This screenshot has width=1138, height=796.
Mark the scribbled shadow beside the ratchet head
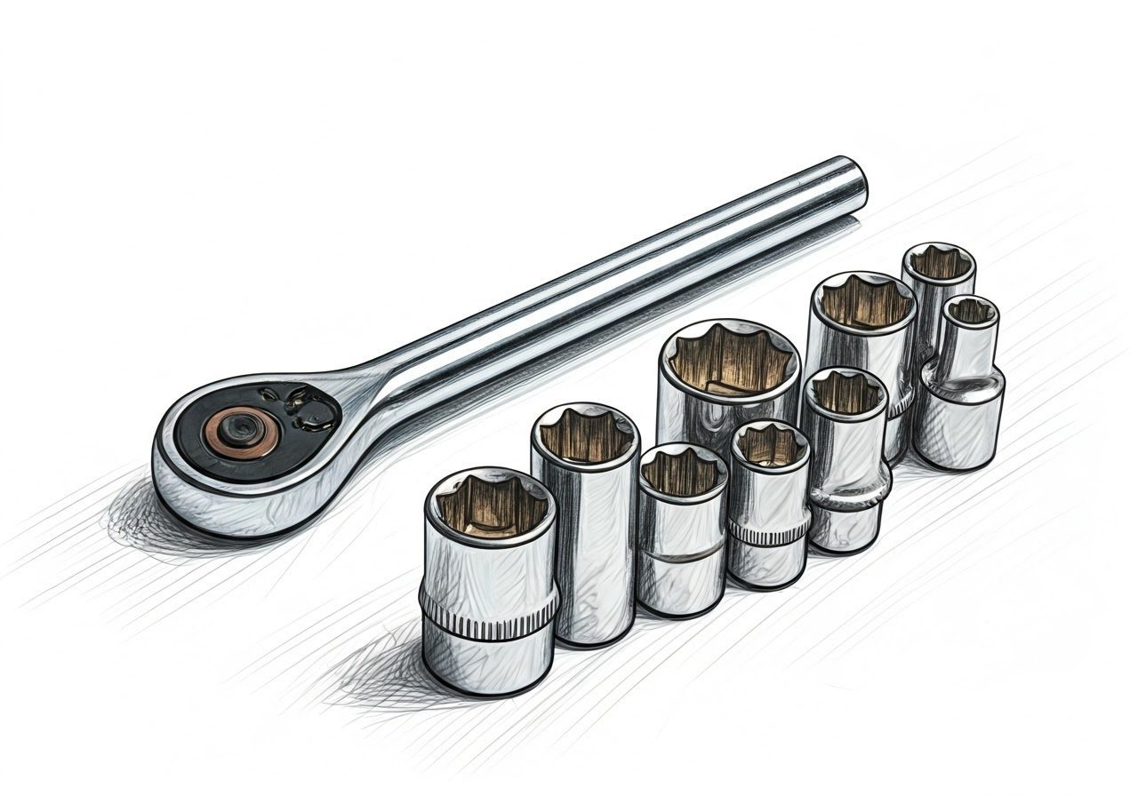pyautogui.click(x=133, y=515)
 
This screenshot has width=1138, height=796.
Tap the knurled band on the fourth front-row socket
pyautogui.click(x=768, y=531)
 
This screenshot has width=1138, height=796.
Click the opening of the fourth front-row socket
pyautogui.click(x=769, y=445)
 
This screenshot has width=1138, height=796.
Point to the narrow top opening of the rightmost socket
pyautogui.click(x=970, y=312)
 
